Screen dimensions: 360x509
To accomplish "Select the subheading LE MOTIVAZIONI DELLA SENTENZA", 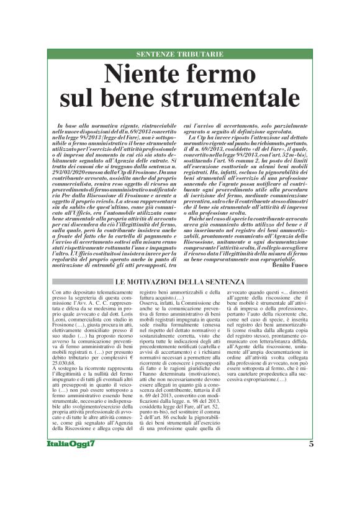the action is [x=180, y=282].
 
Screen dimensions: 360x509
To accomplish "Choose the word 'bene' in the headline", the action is [x=142, y=99].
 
